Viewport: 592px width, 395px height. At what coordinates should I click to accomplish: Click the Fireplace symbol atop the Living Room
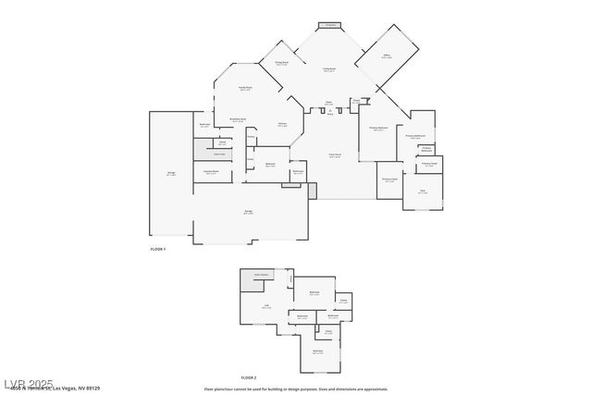[328, 25]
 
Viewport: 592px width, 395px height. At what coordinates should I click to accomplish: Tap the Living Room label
[328, 69]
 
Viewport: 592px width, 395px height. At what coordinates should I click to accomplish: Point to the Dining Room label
[280, 64]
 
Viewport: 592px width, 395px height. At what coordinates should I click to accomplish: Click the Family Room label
[246, 89]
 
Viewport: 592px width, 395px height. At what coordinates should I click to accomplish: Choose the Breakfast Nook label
[237, 119]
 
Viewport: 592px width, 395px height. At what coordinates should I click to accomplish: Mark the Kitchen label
[281, 125]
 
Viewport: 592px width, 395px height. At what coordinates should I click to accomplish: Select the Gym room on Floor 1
[423, 191]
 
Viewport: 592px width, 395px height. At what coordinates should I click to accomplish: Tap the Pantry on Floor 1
[251, 139]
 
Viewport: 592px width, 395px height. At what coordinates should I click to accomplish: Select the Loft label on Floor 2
[266, 307]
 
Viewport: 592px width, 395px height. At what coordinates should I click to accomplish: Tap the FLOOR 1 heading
[159, 250]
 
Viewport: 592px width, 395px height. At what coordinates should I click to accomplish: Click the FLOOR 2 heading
[248, 377]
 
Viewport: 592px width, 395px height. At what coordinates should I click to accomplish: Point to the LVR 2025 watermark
[28, 382]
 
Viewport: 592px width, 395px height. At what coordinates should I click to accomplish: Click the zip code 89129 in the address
[92, 389]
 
